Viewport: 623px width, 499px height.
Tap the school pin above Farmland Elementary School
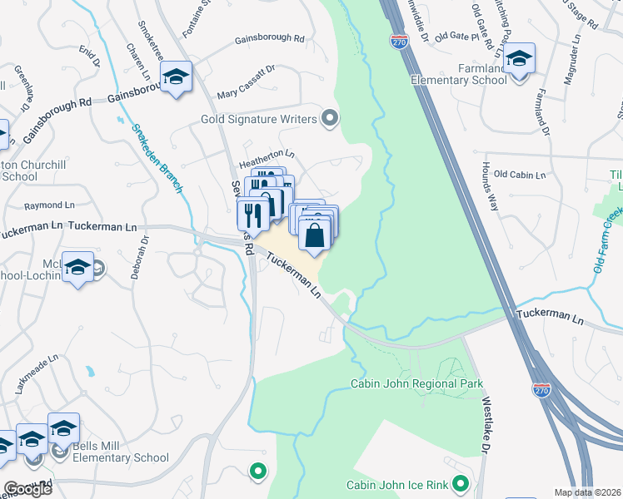point(519,60)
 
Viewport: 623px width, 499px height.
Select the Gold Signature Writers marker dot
point(330,119)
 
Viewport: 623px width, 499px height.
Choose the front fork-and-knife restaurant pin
point(253,215)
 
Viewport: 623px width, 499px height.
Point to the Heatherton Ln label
point(267,154)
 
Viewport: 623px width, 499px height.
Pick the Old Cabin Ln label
point(519,175)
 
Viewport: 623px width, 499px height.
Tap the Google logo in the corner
point(27,489)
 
